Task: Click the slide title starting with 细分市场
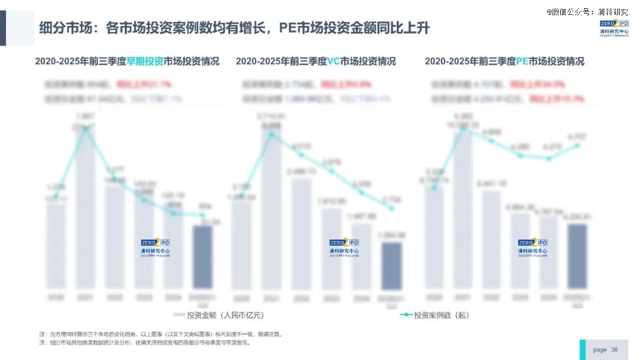234,28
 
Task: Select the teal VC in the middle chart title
333,61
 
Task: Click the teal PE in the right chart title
522,61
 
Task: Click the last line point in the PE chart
577,145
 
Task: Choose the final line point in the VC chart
392,208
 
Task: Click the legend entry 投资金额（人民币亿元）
219,315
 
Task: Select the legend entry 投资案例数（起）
435,315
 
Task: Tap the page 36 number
605,350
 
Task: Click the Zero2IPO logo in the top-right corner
614,28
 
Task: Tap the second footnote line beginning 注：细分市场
144,342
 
